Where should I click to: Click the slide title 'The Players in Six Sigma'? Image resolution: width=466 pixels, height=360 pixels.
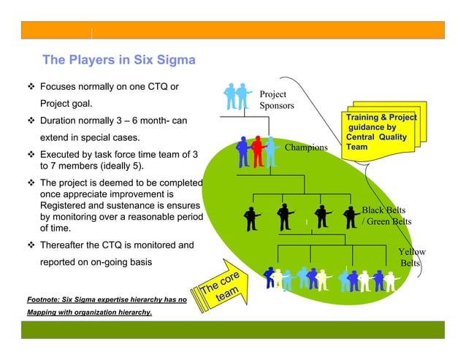(x=118, y=60)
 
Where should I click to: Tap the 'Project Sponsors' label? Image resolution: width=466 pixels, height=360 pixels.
(x=277, y=100)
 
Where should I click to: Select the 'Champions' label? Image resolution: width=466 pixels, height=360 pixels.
(x=306, y=148)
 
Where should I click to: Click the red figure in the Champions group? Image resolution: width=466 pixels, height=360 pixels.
(x=256, y=152)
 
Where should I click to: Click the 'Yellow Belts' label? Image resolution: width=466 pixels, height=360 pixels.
(x=410, y=257)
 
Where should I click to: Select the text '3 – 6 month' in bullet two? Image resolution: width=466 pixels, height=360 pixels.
(x=127, y=120)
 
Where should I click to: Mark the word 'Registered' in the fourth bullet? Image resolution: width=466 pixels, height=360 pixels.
(x=65, y=206)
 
